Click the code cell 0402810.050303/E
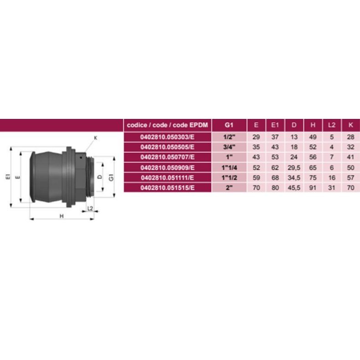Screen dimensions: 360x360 pos(167,137)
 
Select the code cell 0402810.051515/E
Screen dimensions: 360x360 pos(167,188)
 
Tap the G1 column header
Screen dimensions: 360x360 pos(229,125)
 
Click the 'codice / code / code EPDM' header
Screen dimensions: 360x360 pos(167,125)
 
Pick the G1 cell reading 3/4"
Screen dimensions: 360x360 pos(229,147)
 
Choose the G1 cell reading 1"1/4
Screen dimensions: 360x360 pos(229,168)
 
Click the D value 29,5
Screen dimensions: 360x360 pos(294,168)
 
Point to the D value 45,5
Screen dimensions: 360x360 pos(294,188)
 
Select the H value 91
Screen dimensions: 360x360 pos(313,188)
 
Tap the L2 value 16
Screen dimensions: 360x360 pos(332,178)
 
